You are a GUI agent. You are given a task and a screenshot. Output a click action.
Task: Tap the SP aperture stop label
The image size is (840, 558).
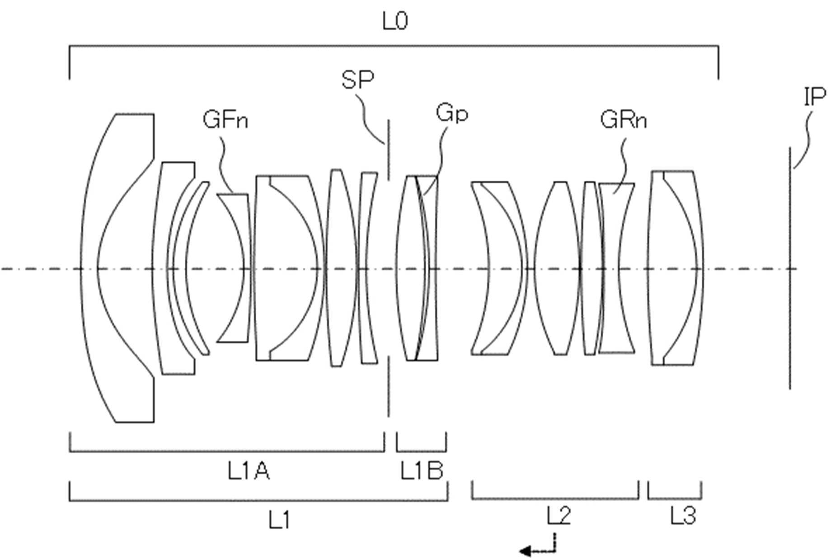pos(358,80)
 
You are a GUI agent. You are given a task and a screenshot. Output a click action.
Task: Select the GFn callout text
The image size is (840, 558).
pos(225,120)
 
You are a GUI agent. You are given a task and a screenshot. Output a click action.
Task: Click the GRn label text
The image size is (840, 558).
pos(624,120)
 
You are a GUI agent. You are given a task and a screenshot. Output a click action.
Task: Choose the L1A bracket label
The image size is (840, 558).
pos(249,472)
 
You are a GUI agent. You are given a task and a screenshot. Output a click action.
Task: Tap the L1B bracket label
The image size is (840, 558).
pos(422,472)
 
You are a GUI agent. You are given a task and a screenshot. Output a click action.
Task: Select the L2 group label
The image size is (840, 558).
pos(558,516)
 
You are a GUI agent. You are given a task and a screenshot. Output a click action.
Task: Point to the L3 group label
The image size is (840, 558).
pos(683,516)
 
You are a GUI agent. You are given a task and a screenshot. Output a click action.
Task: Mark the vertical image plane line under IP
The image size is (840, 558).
pos(790,267)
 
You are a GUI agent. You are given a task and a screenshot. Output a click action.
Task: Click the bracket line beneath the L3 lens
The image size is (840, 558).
pos(675,499)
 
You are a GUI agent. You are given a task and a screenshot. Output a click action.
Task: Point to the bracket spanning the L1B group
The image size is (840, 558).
pos(421,451)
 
